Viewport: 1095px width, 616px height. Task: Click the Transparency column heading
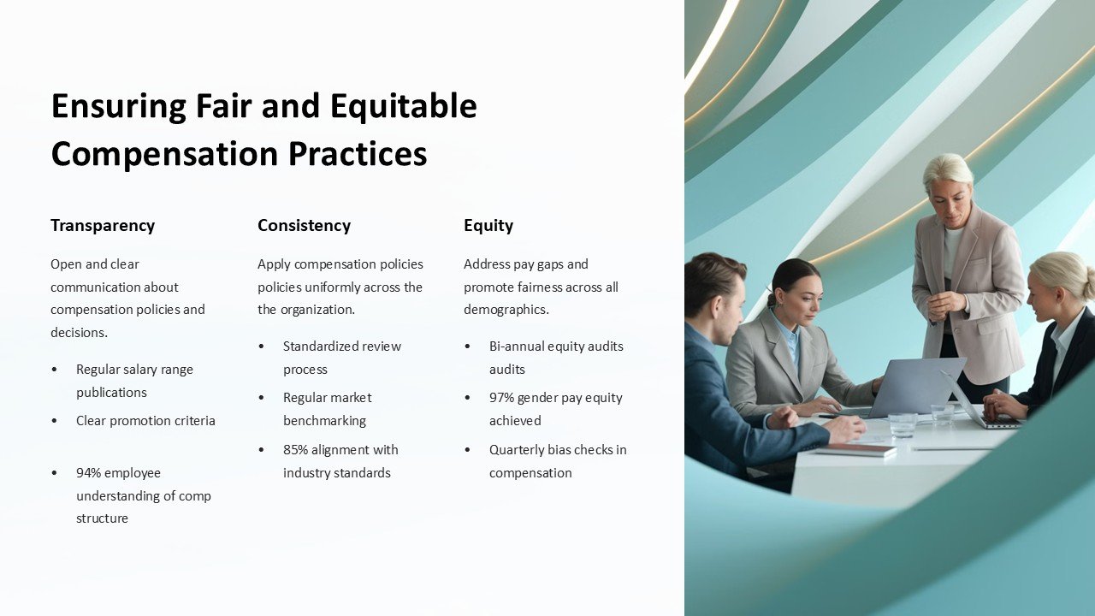tap(103, 226)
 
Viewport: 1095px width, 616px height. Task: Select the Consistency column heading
tap(304, 226)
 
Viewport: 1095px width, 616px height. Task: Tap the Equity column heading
tap(488, 226)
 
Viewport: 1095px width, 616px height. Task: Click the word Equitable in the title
tap(404, 106)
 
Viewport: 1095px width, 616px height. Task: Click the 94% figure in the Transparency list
tap(90, 473)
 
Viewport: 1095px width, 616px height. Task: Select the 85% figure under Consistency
tap(297, 450)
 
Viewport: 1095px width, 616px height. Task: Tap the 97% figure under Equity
tap(503, 398)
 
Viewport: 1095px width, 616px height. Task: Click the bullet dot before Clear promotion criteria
tap(56, 421)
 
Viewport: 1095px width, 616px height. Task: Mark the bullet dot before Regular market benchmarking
tap(262, 398)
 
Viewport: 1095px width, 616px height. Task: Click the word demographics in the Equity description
tap(504, 310)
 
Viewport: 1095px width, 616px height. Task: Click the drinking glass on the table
tap(902, 425)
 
